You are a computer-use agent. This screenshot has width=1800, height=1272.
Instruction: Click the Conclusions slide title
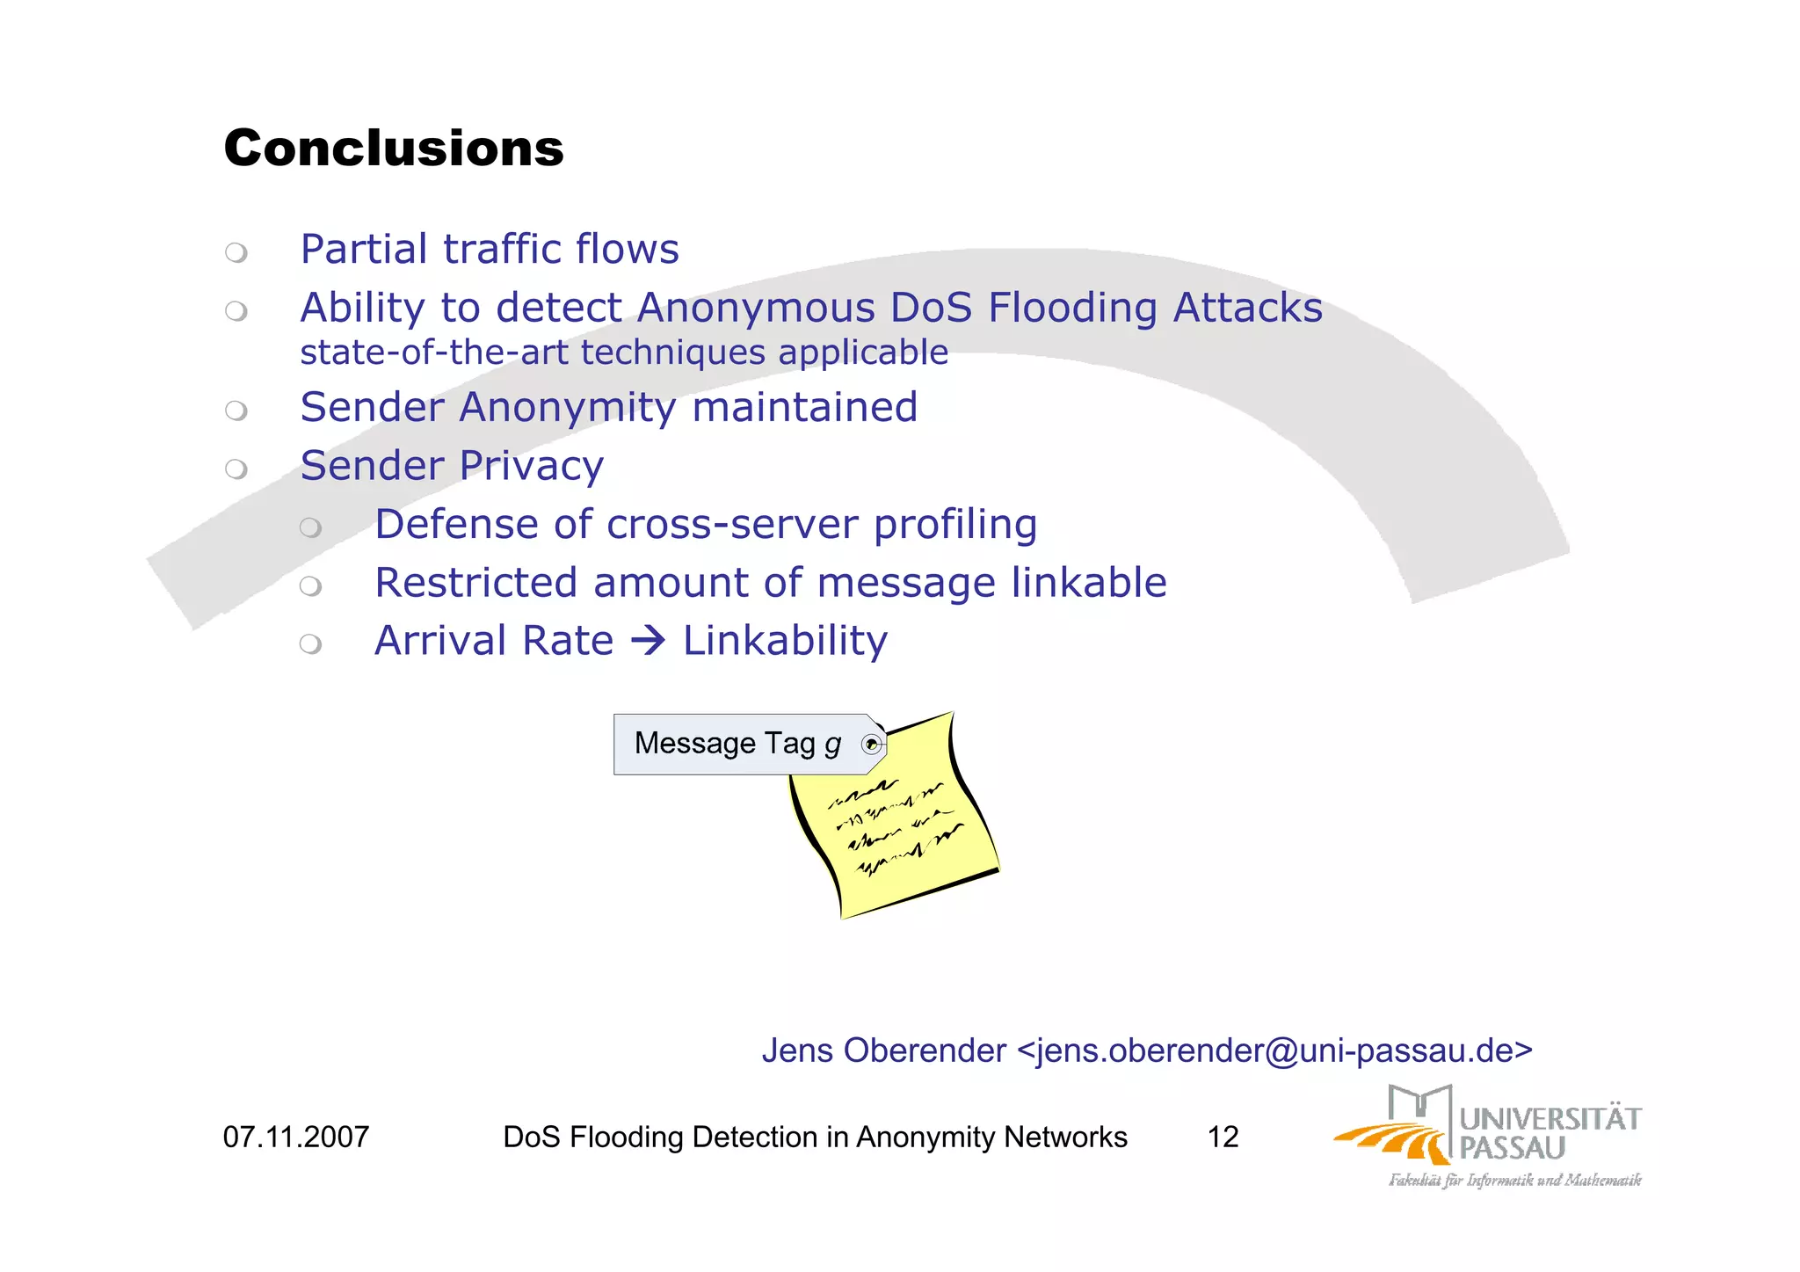pos(393,148)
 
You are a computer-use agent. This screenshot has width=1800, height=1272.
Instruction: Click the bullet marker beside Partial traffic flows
pos(236,253)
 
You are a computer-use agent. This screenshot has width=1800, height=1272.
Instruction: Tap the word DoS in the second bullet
pos(931,308)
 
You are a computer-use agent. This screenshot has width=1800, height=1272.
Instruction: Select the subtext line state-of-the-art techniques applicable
pos(624,353)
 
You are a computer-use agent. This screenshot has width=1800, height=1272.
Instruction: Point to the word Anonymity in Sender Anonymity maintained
pos(567,408)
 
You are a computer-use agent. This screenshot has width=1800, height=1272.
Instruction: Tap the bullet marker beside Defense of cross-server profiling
pos(310,527)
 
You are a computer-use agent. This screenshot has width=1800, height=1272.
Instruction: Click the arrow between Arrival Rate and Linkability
pos(648,640)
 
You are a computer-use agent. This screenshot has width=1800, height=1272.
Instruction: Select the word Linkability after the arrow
pos(785,640)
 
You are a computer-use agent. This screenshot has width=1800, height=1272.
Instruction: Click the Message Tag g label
pos(737,744)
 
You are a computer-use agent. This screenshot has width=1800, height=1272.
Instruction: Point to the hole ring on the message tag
pos(871,745)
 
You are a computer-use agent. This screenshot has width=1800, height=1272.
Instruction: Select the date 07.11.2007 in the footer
pos(296,1138)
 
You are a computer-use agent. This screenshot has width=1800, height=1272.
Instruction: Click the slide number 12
pos(1223,1138)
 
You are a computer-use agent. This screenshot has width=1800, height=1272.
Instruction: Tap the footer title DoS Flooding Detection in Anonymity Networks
pos(815,1138)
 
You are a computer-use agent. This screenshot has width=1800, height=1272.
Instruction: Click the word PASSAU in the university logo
pos(1512,1148)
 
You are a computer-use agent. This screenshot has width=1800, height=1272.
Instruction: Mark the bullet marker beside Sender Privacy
pos(236,469)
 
